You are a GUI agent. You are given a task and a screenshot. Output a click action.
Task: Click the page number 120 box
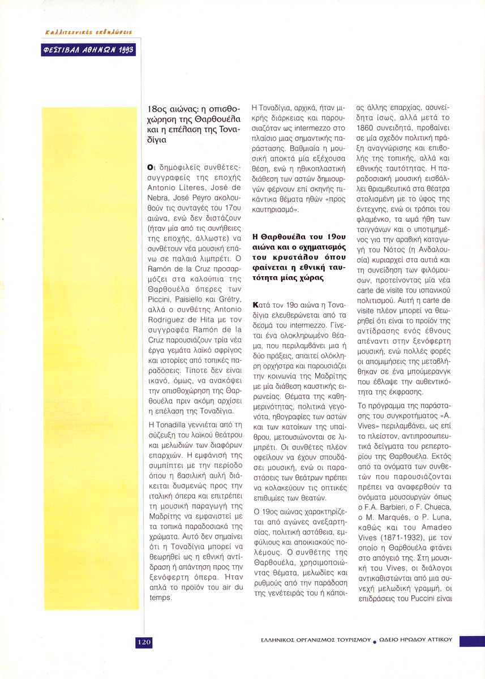pos(143,642)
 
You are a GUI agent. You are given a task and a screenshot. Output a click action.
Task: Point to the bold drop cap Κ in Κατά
pos(257,305)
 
